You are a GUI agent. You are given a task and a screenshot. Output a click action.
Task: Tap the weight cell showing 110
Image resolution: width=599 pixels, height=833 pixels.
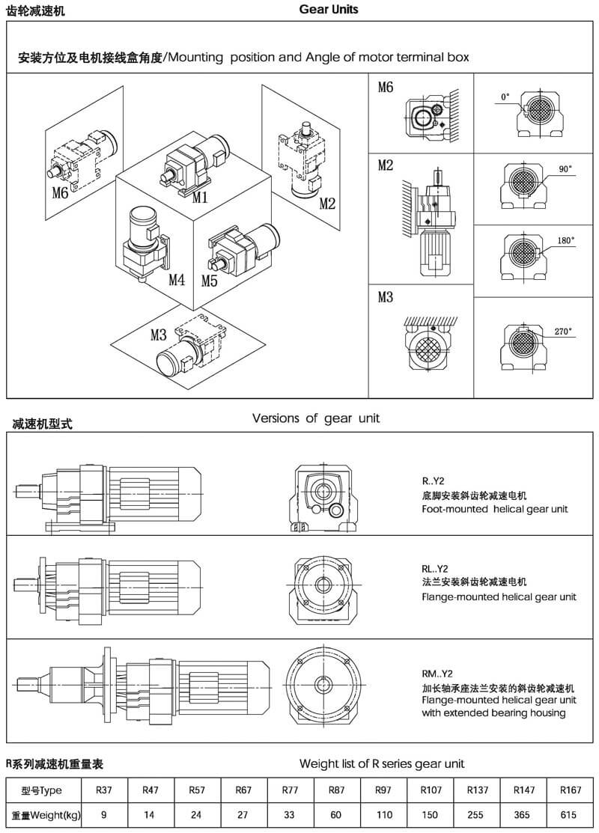point(383,814)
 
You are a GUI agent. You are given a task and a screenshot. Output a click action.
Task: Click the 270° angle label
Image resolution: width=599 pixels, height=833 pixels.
point(564,331)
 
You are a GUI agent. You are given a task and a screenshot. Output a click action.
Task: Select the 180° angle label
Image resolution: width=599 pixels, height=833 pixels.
point(565,241)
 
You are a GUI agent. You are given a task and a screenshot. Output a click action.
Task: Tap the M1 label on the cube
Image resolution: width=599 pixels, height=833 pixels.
point(199,198)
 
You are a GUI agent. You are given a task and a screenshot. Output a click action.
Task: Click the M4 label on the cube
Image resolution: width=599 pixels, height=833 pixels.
point(176,280)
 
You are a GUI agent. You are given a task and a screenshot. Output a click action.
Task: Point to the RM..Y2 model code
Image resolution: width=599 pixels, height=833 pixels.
point(440,673)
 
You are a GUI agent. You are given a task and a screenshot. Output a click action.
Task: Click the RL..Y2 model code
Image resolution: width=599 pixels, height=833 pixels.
point(437,567)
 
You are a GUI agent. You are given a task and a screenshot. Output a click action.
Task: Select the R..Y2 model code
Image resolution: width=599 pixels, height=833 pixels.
point(434,480)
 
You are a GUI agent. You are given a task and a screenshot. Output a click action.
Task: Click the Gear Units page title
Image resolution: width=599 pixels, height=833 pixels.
point(328,10)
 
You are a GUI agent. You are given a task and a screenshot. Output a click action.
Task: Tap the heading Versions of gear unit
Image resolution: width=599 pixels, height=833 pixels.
point(315,418)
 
